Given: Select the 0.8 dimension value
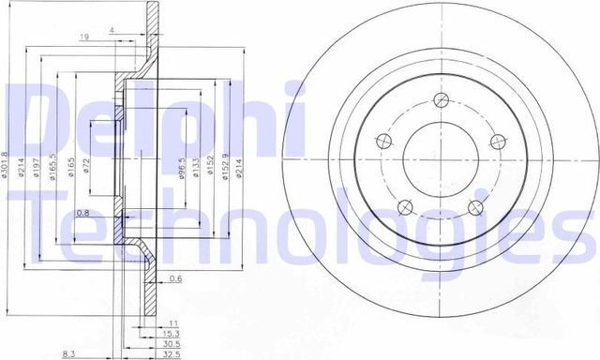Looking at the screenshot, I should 83,213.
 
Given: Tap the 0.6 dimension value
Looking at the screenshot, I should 175,277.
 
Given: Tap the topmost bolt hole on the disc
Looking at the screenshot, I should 439,101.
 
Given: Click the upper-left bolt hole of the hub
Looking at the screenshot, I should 382,142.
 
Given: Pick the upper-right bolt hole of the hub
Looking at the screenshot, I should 496,142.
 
